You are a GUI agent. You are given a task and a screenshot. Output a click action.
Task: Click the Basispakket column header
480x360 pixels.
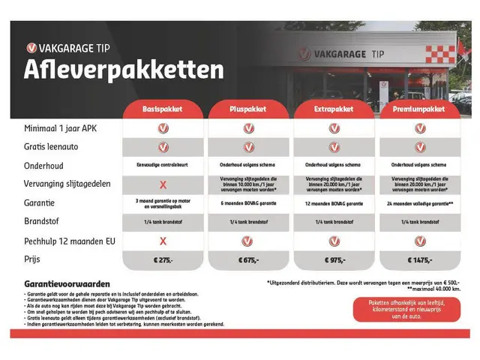(x=163, y=109)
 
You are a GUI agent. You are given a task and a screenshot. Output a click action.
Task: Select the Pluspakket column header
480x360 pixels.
(x=248, y=109)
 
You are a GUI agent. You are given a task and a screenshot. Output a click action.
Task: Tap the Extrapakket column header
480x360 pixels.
(x=334, y=109)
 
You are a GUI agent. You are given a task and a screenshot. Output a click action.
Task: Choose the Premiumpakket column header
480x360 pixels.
(x=419, y=109)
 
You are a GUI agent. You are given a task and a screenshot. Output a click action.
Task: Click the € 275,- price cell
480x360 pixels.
(x=163, y=259)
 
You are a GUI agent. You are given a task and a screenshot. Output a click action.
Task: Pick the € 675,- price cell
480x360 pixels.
(x=248, y=259)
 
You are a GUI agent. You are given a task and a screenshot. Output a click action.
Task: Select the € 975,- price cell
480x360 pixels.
(x=334, y=259)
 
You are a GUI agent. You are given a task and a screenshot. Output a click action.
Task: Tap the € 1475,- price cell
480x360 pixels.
(x=419, y=259)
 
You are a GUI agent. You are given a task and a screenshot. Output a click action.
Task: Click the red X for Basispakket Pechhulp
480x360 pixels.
(x=163, y=241)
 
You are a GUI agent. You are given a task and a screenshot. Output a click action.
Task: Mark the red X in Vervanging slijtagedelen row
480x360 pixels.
(x=163, y=184)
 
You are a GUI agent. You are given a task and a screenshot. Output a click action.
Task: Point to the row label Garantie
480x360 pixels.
(x=40, y=202)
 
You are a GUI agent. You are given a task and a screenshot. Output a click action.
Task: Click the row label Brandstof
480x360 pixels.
(x=42, y=222)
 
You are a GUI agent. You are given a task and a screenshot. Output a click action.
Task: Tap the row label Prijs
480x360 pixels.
(x=31, y=259)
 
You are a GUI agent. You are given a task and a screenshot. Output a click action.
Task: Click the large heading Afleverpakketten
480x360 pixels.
(x=124, y=70)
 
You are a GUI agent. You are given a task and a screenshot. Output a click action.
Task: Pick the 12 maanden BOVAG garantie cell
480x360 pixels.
(x=334, y=203)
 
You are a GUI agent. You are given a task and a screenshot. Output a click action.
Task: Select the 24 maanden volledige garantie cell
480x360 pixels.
(x=419, y=203)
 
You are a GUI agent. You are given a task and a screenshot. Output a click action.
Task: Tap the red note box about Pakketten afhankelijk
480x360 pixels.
(x=406, y=309)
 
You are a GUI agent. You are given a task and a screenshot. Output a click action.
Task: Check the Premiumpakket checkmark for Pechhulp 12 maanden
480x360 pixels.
(x=419, y=241)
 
